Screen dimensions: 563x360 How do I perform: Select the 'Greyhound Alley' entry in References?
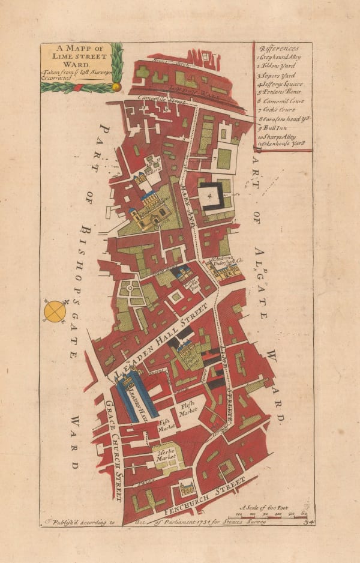[x=280, y=56]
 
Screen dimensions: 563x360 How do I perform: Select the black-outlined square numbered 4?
[x=211, y=195]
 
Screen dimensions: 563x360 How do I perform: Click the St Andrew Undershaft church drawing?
[x=224, y=269]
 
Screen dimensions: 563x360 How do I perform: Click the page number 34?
[x=309, y=522]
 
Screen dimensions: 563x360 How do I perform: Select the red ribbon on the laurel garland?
[x=76, y=87]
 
